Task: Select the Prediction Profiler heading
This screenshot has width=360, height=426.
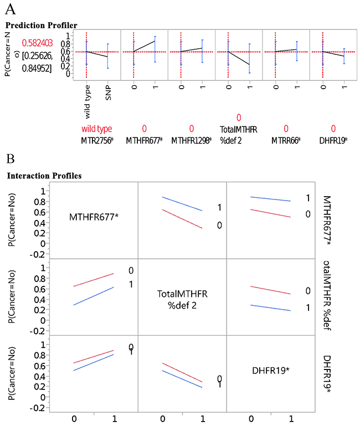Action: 42,25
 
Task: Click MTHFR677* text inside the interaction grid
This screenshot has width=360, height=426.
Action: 94,217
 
